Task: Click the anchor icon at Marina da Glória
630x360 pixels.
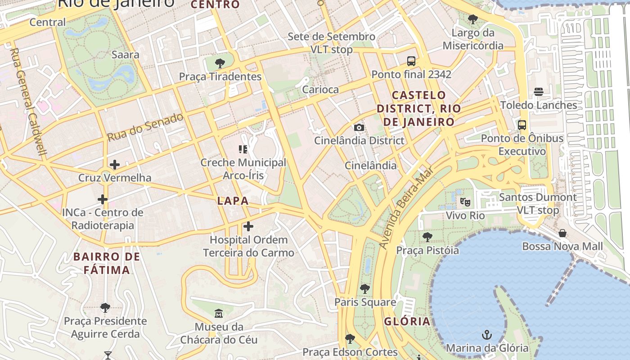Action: pos(486,334)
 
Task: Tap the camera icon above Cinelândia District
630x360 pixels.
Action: pos(359,127)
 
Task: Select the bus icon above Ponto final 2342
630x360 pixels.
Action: pos(411,61)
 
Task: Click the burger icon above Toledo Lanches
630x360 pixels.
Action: pos(539,92)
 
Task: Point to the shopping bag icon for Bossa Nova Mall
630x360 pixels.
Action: pos(562,233)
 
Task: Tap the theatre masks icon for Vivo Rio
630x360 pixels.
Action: pos(465,202)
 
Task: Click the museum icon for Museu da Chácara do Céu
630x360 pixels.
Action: pos(219,313)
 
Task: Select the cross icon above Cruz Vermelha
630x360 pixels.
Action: pos(115,164)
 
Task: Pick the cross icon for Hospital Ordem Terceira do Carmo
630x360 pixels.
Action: pos(248,226)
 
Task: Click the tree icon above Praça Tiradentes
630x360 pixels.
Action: pos(220,63)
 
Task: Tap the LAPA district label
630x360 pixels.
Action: pos(233,201)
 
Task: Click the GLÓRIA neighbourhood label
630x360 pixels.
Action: pos(407,321)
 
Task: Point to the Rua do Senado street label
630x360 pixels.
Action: pos(145,126)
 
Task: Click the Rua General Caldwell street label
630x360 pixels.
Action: pos(28,102)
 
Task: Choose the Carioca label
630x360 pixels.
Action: pos(320,90)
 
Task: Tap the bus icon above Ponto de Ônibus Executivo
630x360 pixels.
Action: pos(522,125)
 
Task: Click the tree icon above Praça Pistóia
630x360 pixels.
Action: pos(427,237)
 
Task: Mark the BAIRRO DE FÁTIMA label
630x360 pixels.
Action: pos(107,263)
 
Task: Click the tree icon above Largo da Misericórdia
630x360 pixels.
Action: pos(472,19)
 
